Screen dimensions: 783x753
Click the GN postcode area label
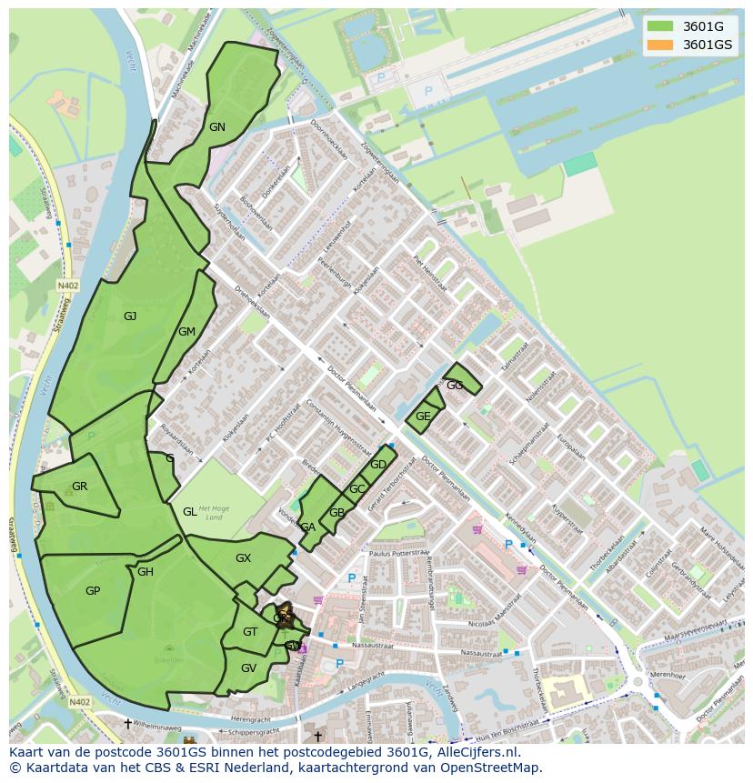pos(216,127)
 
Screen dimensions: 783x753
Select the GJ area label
pos(130,316)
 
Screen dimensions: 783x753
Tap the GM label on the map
pos(186,332)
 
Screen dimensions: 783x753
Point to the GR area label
pos(79,487)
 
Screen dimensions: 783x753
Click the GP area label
pos(92,591)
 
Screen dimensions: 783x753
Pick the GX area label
pos(243,558)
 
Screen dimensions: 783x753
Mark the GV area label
pos(248,668)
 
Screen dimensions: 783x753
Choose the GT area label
pos(250,632)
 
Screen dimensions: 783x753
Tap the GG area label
pos(455,386)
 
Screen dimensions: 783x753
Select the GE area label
pos(423,417)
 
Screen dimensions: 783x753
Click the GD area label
pos(378,465)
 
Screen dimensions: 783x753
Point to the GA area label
pos(307,527)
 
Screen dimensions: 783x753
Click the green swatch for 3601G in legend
pos(660,26)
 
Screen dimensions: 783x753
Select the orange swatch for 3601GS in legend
pos(660,45)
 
